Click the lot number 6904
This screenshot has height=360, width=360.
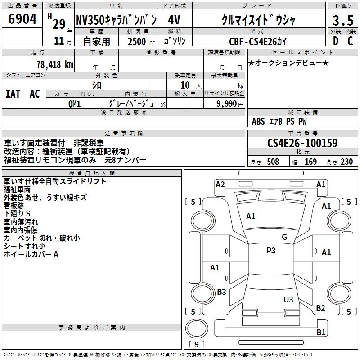[22, 19]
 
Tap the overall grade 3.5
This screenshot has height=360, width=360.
[343, 20]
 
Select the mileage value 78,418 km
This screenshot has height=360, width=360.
[55, 65]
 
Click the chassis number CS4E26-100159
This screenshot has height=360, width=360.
[302, 143]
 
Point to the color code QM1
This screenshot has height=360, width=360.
[75, 104]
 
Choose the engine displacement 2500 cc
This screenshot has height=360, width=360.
[141, 41]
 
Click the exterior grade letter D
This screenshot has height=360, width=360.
[336, 41]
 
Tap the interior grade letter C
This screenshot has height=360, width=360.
[350, 41]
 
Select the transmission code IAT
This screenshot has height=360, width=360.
[13, 94]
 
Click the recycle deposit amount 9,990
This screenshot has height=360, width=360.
[227, 104]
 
